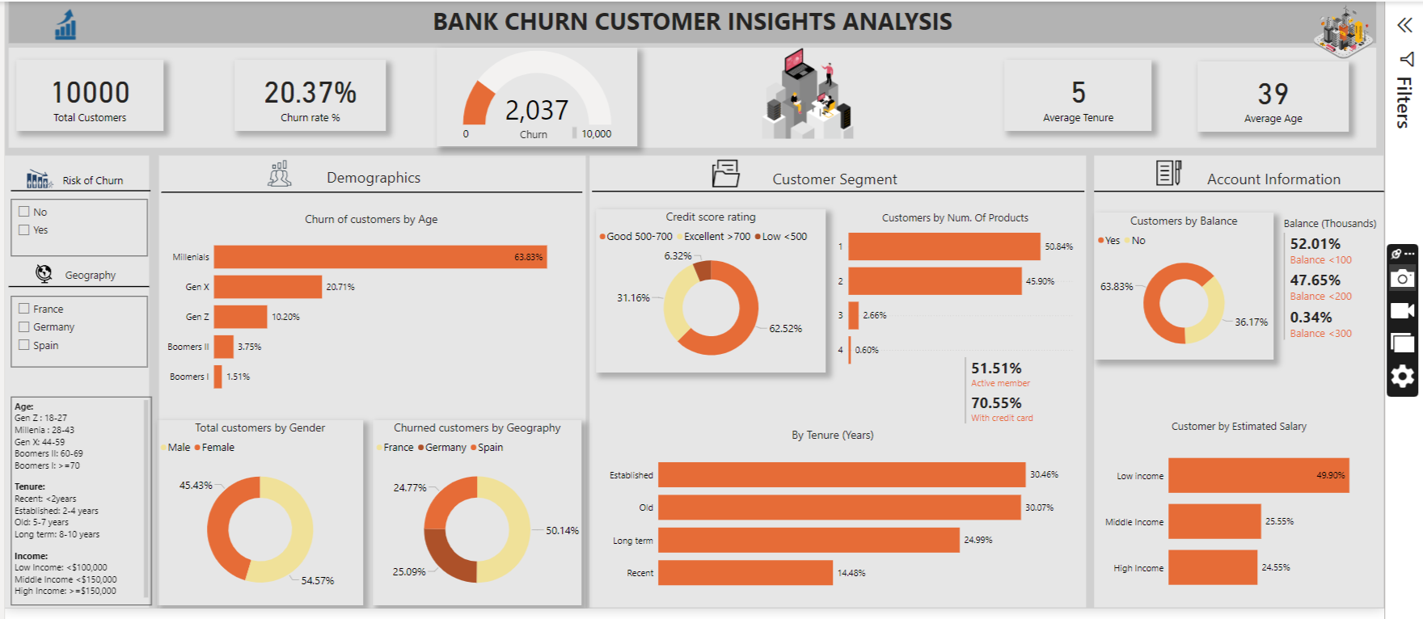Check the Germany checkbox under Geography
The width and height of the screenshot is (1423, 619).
point(24,326)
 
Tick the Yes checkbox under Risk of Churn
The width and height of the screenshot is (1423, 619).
point(24,229)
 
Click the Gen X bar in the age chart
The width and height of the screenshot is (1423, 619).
point(268,287)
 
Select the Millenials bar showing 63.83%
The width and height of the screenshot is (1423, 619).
point(380,257)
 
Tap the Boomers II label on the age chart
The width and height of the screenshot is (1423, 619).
point(188,347)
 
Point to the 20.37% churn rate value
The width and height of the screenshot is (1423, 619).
point(310,93)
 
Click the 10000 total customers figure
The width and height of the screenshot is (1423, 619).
point(91,93)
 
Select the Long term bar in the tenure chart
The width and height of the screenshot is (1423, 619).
point(809,540)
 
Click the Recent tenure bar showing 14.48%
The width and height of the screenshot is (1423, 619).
point(745,572)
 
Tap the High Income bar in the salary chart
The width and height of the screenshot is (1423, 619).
point(1212,567)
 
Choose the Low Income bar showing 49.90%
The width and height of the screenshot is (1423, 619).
point(1258,475)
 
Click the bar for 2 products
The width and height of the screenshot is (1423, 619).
point(935,281)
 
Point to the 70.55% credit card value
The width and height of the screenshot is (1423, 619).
point(996,402)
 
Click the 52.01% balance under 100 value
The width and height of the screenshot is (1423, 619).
point(1315,244)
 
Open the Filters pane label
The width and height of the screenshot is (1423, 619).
point(1404,103)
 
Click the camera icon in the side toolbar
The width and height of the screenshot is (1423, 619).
point(1402,279)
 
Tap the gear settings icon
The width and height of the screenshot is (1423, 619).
point(1402,376)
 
